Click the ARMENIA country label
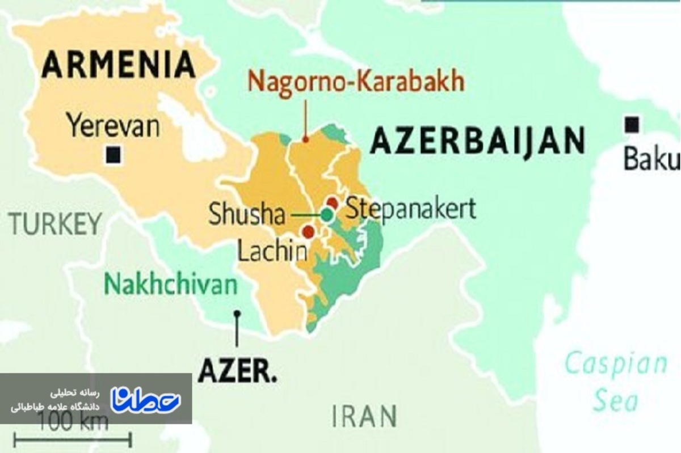(119, 65)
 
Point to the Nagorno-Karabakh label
(356, 81)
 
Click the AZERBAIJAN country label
(477, 141)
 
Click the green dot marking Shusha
(326, 214)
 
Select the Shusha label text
(246, 215)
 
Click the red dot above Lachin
(308, 231)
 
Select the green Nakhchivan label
(170, 284)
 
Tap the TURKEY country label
(55, 224)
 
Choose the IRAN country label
(364, 417)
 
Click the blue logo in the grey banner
(145, 400)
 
